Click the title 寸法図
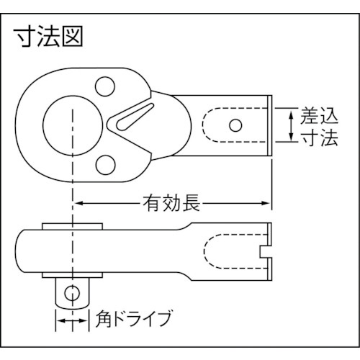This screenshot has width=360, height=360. coord(48,37)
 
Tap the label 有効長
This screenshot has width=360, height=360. coord(171,203)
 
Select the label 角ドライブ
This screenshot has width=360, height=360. coord(134,319)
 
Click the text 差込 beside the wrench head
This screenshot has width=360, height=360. coord(319,116)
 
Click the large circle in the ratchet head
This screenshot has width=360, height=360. coord(43,126)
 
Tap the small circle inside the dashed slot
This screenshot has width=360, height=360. coord(235,125)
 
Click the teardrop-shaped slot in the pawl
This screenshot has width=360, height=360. coord(135,117)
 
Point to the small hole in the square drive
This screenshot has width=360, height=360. coord(72,293)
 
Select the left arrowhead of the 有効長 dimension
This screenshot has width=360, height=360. coord(78,203)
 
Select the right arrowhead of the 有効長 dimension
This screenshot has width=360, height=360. coord(266,203)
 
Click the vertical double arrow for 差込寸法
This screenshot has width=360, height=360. coord(291,125)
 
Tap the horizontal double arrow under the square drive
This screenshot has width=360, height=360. coord(72,321)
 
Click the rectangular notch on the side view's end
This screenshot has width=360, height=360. coord(266,252)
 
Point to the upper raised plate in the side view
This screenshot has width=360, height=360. coord(73,226)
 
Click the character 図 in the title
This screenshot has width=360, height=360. coord(72,37)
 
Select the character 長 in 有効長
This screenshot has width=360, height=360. coord(192,203)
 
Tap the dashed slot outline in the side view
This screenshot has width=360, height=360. coord(204,252)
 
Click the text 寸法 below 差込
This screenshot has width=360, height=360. coord(319,138)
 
